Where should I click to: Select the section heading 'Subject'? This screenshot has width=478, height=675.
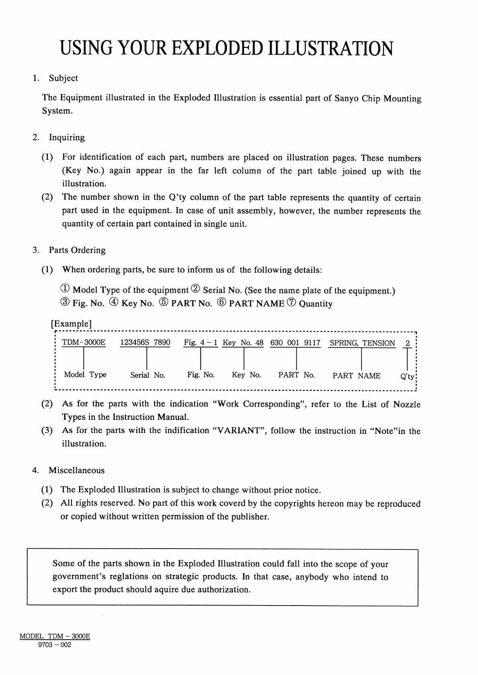point(63,78)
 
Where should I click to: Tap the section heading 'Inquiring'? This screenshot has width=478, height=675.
point(67,138)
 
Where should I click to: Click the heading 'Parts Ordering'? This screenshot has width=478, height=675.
point(77,250)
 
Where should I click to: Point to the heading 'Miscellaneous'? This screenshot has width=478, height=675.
point(76,470)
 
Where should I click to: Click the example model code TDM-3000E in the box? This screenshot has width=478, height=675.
point(84,343)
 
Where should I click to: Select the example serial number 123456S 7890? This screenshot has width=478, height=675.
point(145,343)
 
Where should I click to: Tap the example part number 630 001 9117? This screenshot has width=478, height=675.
point(295,343)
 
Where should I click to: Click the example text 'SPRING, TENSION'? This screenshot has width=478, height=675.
point(362,343)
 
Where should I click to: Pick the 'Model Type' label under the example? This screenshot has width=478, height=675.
point(85,375)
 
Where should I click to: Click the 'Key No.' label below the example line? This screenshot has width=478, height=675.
point(246,375)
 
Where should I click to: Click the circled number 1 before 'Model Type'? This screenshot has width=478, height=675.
point(65,290)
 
